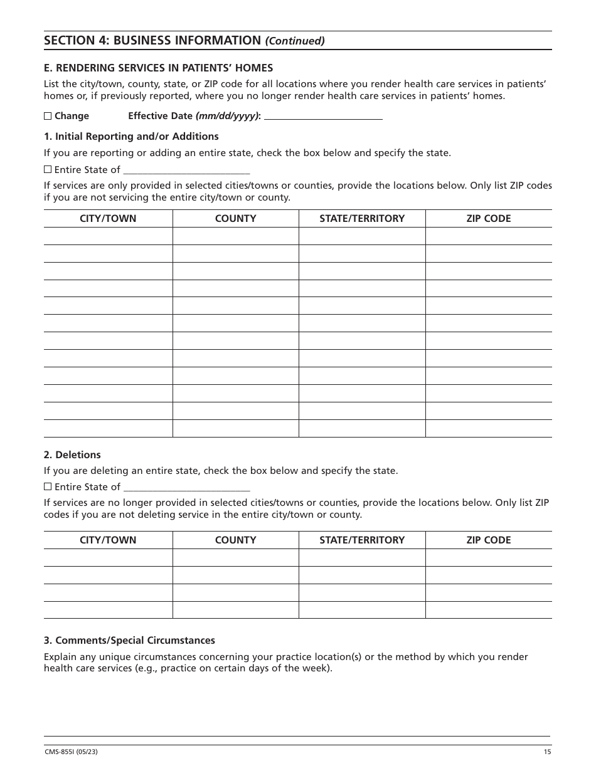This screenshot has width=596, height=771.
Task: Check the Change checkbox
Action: tap(48, 116)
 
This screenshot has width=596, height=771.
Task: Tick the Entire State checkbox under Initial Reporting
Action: tap(48, 170)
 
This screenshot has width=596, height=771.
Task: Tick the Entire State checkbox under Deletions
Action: tap(48, 487)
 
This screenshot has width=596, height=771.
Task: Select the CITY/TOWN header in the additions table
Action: tap(108, 219)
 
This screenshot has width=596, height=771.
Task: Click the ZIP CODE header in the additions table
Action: tap(488, 219)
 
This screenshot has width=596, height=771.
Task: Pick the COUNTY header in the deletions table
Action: tap(235, 540)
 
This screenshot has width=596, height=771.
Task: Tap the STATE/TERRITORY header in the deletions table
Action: tap(362, 540)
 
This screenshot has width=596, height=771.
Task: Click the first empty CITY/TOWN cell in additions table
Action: tap(108, 236)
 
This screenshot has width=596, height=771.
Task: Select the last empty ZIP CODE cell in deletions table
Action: tap(488, 610)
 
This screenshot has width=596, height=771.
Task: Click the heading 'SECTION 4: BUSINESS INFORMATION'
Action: tap(152, 41)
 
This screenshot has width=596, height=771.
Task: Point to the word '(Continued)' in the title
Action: tap(295, 41)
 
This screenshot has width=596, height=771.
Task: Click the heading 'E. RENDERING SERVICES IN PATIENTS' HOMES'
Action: tap(158, 68)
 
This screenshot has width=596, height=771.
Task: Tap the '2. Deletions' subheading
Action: tap(72, 455)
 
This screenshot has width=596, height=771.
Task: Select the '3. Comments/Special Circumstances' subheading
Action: tap(129, 641)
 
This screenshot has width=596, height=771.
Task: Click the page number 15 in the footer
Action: tap(547, 752)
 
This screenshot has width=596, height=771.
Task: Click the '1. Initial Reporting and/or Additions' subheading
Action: tap(131, 137)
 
